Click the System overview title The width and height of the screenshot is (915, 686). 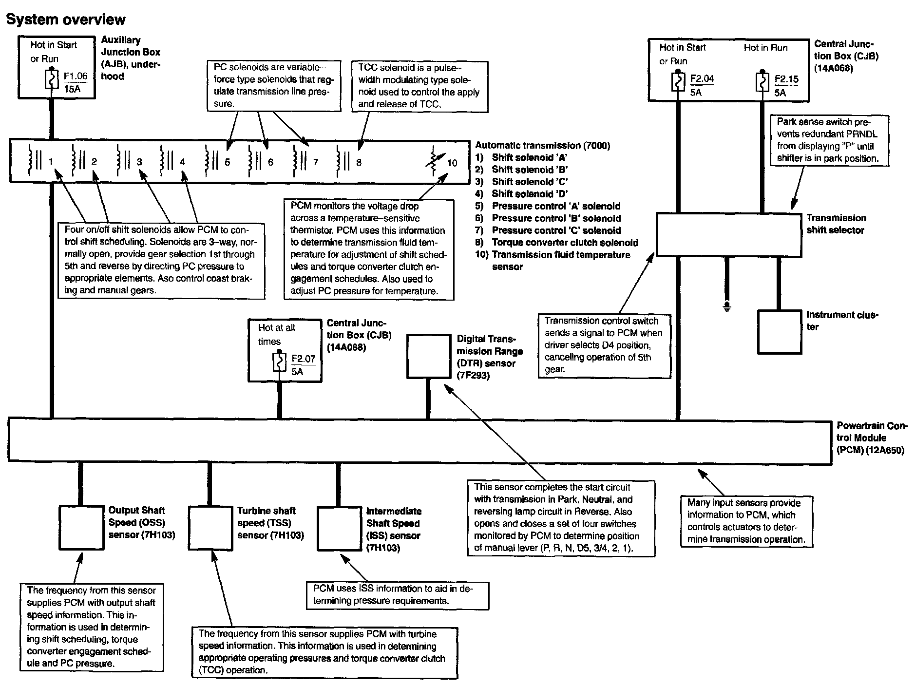(66, 19)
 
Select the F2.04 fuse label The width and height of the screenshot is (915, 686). (702, 78)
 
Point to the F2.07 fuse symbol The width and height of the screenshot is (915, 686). (279, 362)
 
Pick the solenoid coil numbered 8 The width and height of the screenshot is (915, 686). (341, 160)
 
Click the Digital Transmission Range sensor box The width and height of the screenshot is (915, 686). (429, 356)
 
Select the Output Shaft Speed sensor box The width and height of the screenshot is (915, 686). (81, 528)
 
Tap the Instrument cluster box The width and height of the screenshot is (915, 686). (780, 332)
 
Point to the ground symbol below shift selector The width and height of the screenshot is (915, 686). (727, 307)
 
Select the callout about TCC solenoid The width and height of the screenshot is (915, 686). (419, 86)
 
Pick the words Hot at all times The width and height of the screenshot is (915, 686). (276, 334)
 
